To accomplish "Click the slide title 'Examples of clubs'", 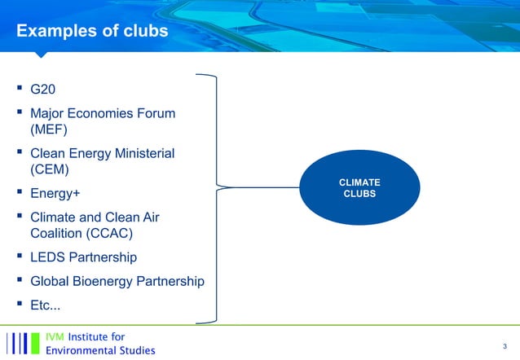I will (92, 31).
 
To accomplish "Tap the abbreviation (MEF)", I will (49, 129).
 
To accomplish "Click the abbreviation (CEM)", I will (50, 169).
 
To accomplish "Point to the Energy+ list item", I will (55, 194).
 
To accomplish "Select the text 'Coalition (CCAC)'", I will (82, 233).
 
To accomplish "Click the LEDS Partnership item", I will (83, 257).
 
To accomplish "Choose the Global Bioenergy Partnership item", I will (117, 282).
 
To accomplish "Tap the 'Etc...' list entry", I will (45, 306).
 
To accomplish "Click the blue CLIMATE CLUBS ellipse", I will (359, 188).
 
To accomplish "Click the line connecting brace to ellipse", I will (261, 188).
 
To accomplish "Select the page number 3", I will (505, 345).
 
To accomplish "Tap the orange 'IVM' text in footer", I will (55, 336).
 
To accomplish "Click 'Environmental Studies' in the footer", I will (99, 351).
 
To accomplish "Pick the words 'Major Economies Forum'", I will (103, 113).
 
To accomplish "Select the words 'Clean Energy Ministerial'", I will (102, 153).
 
